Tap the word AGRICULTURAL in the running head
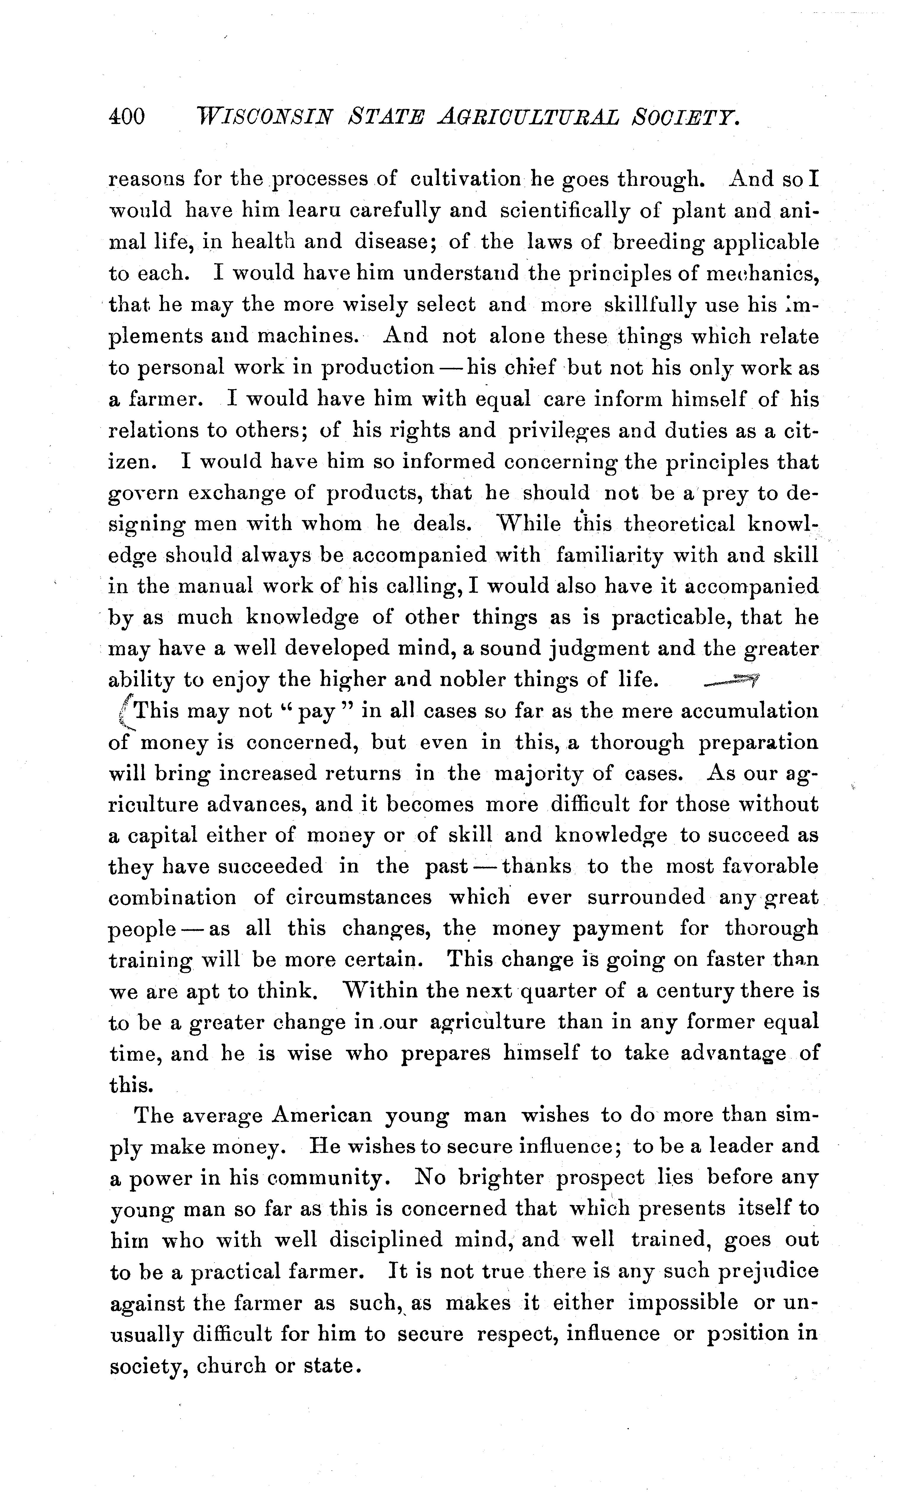[x=528, y=116]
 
